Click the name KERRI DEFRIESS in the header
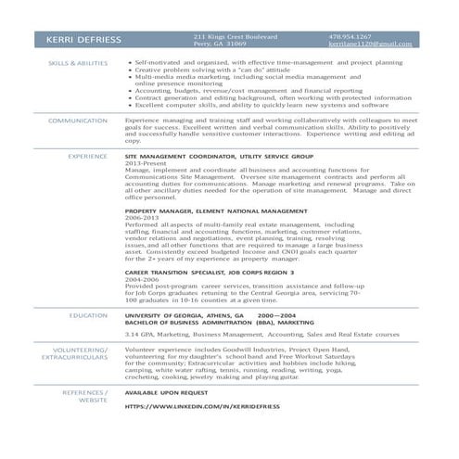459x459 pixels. (x=82, y=40)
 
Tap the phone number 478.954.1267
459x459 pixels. (x=350, y=36)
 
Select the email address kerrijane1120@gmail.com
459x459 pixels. (x=370, y=44)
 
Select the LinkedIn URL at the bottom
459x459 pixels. (x=201, y=406)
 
